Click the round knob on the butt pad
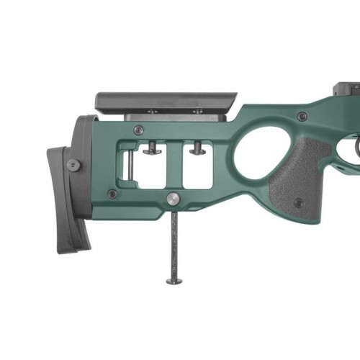73,165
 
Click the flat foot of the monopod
174,281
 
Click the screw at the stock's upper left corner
138,130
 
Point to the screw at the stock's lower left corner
112,193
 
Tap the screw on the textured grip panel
297,203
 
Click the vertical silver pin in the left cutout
129,169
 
